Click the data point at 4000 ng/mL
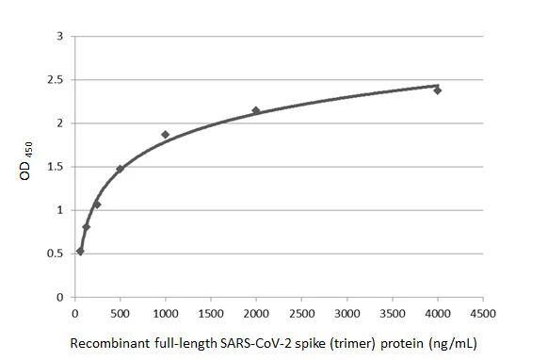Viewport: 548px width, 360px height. (438, 90)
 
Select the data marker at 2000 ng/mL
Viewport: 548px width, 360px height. (256, 110)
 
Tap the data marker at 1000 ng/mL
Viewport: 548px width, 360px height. (166, 135)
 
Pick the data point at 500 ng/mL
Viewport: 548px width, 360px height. (120, 170)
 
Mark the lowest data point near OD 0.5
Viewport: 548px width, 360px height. (80, 251)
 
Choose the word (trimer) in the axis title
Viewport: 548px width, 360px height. (333, 343)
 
